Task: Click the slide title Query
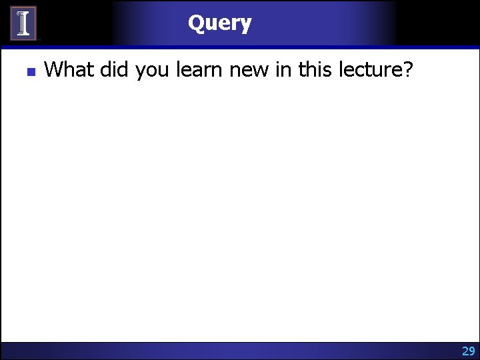tap(219, 23)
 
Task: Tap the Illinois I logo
tap(23, 23)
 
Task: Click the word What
tap(69, 69)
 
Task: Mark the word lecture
tap(373, 69)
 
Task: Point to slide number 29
tap(468, 351)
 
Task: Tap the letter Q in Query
tap(196, 23)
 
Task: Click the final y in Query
tap(246, 25)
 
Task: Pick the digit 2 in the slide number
tap(465, 351)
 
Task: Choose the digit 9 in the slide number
tap(472, 351)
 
